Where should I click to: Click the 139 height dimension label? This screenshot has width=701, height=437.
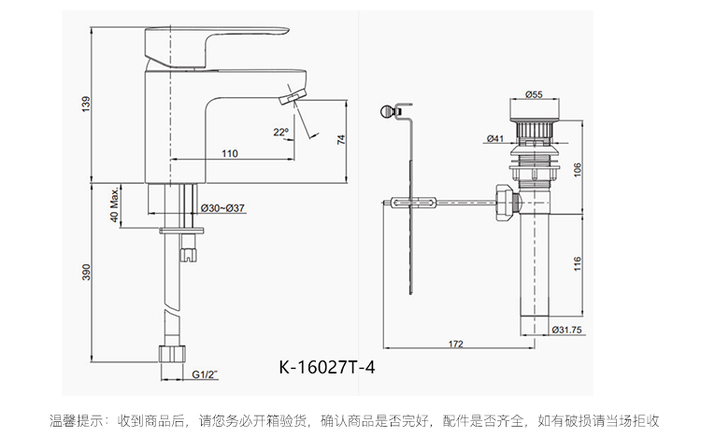coord(85,106)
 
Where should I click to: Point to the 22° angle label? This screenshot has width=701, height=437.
coord(280,132)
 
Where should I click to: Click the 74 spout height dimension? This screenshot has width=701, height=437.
coord(341,140)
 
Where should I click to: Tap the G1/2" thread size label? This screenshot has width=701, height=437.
coord(204,374)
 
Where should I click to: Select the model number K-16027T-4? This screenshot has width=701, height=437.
coord(329,367)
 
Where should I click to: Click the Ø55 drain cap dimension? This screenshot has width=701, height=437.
coord(535,94)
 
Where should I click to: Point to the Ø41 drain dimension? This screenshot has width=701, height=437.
coord(495,139)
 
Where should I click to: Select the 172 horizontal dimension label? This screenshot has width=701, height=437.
coord(455,344)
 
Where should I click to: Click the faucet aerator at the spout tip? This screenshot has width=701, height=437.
coord(295,98)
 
